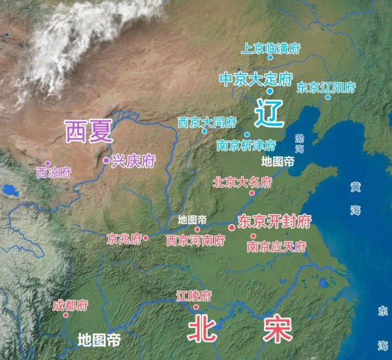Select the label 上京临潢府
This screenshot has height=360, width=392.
[270, 48]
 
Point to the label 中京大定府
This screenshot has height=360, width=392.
[255, 80]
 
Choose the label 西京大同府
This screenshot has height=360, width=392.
[206, 122]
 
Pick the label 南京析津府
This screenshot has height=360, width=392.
[246, 145]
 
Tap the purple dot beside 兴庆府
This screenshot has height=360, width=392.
[106, 159]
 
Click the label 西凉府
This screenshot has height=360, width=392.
[53, 172]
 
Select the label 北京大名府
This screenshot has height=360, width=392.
[242, 182]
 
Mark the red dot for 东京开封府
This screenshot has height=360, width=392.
[231, 226]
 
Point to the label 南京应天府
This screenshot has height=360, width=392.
[277, 247]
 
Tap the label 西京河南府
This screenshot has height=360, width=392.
[195, 240]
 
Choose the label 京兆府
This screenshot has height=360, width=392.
[124, 238]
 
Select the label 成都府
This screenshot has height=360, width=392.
[70, 305]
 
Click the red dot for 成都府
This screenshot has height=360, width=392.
[66, 315]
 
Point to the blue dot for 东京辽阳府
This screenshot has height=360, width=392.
[328, 97]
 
